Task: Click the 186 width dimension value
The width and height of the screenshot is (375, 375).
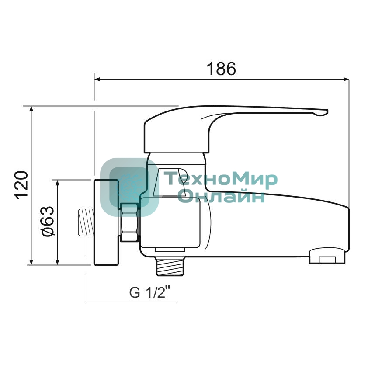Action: (221, 69)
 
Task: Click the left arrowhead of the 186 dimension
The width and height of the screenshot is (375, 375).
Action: (97, 79)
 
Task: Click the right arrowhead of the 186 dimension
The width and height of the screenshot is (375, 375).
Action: (346, 79)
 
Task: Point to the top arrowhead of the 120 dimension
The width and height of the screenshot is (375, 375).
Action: (31, 109)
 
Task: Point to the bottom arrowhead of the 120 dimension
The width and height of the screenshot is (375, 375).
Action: (31, 262)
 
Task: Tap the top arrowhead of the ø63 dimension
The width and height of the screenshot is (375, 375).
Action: (57, 183)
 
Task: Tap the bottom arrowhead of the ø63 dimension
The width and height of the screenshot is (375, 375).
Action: (57, 262)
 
